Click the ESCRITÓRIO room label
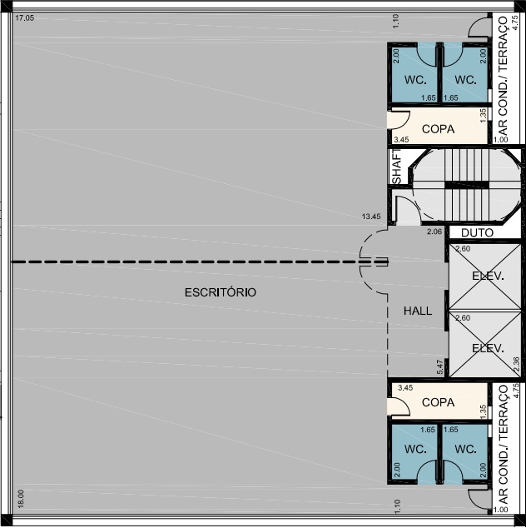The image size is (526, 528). coord(221,292)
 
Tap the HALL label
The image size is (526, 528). coord(418,311)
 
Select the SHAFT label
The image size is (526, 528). coord(397,167)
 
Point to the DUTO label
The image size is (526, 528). coord(477,232)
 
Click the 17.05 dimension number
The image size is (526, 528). coord(25,18)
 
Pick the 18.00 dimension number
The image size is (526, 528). coord(21,499)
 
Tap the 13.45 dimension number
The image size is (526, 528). coord(371,217)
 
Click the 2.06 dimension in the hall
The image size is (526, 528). coord(434,232)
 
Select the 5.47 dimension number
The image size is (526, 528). coord(439,367)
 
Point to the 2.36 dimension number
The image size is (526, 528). coord(517,364)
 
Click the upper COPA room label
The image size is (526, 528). coord(438,129)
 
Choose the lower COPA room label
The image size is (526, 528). coord(438,402)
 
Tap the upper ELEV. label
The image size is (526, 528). coord(488,276)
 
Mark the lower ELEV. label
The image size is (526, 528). coord(488,348)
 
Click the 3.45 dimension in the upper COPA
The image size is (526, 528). coord(401,139)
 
